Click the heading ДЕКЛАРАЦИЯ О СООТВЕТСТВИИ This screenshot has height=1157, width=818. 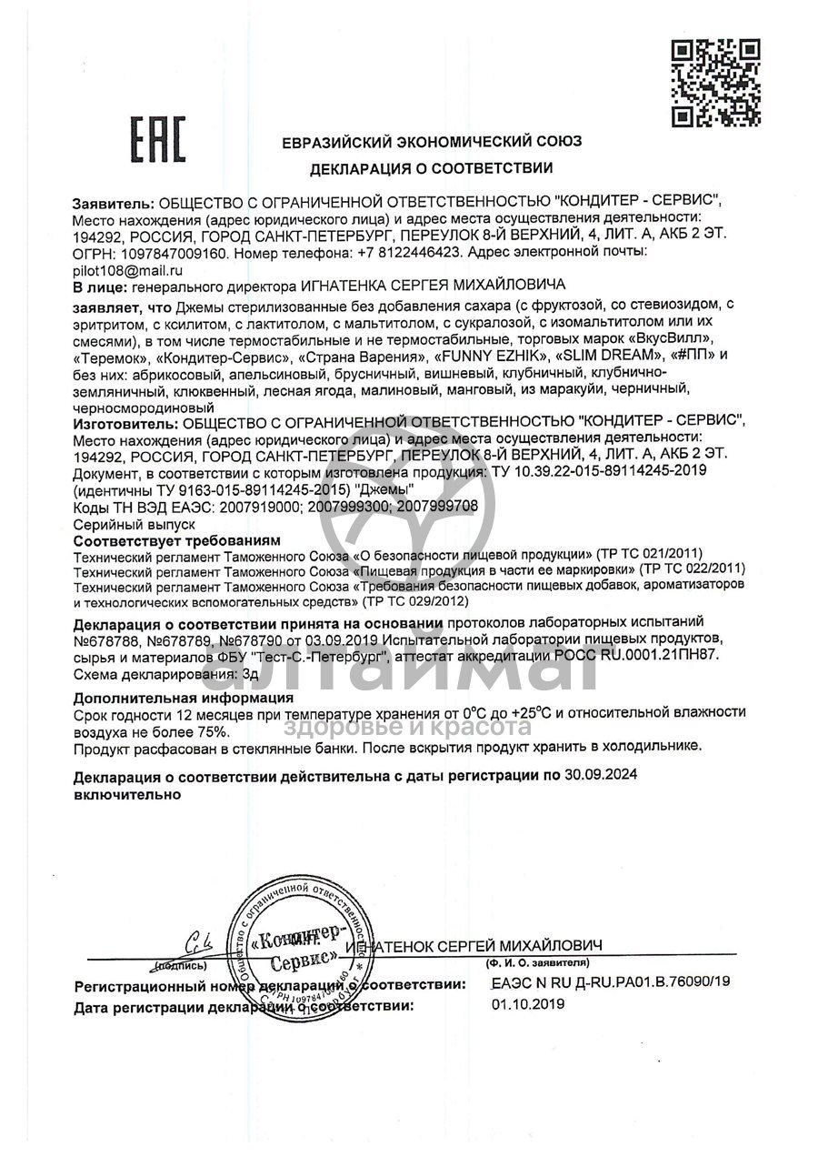pyautogui.click(x=431, y=168)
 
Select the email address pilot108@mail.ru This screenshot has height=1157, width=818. pyautogui.click(x=129, y=270)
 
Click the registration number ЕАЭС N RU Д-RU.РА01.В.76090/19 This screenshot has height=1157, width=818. pyautogui.click(x=610, y=983)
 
